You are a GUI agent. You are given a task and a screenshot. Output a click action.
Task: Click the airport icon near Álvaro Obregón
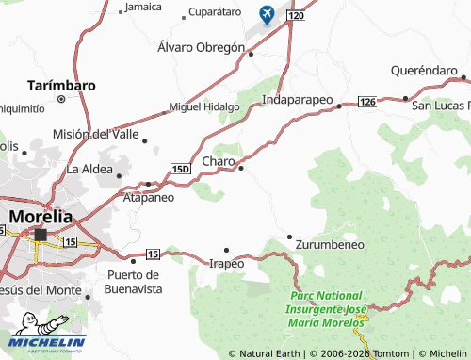pyautogui.click(x=267, y=14)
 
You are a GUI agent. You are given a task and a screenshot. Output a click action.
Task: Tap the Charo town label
pyautogui.click(x=219, y=162)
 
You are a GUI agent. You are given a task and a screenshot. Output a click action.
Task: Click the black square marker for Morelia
pyautogui.click(x=41, y=234)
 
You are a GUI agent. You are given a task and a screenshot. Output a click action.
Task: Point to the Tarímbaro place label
pyautogui.click(x=61, y=85)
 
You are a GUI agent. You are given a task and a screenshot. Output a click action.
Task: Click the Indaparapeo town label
pyautogui.click(x=297, y=98)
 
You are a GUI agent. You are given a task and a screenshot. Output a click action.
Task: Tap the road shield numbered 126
pyautogui.click(x=366, y=101)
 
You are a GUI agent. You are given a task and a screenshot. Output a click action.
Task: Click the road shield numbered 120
pyautogui.click(x=297, y=17)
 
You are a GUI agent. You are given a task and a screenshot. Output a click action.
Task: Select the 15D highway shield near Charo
pyautogui.click(x=181, y=168)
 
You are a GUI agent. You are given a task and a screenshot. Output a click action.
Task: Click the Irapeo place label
pyautogui.click(x=226, y=263)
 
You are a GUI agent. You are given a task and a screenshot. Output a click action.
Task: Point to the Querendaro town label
pyautogui.click(x=424, y=70)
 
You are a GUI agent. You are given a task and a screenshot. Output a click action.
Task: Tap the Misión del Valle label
pyautogui.click(x=94, y=133)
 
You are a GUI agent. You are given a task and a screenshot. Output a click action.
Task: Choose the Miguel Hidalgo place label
pyautogui.click(x=203, y=106)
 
